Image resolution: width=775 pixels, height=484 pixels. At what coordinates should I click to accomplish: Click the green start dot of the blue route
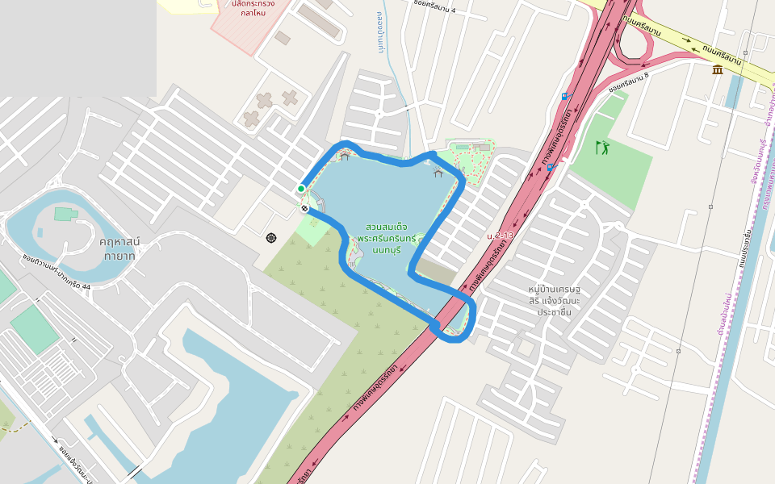pyautogui.click(x=301, y=189)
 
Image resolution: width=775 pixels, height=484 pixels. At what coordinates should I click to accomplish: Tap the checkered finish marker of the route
pyautogui.click(x=304, y=208)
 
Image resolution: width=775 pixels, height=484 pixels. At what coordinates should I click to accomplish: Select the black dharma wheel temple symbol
pyautogui.click(x=270, y=237)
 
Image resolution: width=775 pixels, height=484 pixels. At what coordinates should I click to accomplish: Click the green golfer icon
pyautogui.click(x=602, y=148)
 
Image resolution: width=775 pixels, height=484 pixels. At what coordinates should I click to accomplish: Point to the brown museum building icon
pyautogui.click(x=718, y=70)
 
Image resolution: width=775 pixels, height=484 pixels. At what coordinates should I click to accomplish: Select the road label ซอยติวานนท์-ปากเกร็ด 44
pyautogui.click(x=57, y=274)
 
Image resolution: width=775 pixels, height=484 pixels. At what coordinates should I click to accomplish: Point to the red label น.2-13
pyautogui.click(x=500, y=235)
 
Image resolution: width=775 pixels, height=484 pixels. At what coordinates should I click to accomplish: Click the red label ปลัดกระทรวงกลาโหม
pyautogui.click(x=253, y=8)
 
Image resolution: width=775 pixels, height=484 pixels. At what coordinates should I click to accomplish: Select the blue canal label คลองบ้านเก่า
pyautogui.click(x=380, y=32)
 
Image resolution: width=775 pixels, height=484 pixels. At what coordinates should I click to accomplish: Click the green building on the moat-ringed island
pyautogui.click(x=63, y=214)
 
